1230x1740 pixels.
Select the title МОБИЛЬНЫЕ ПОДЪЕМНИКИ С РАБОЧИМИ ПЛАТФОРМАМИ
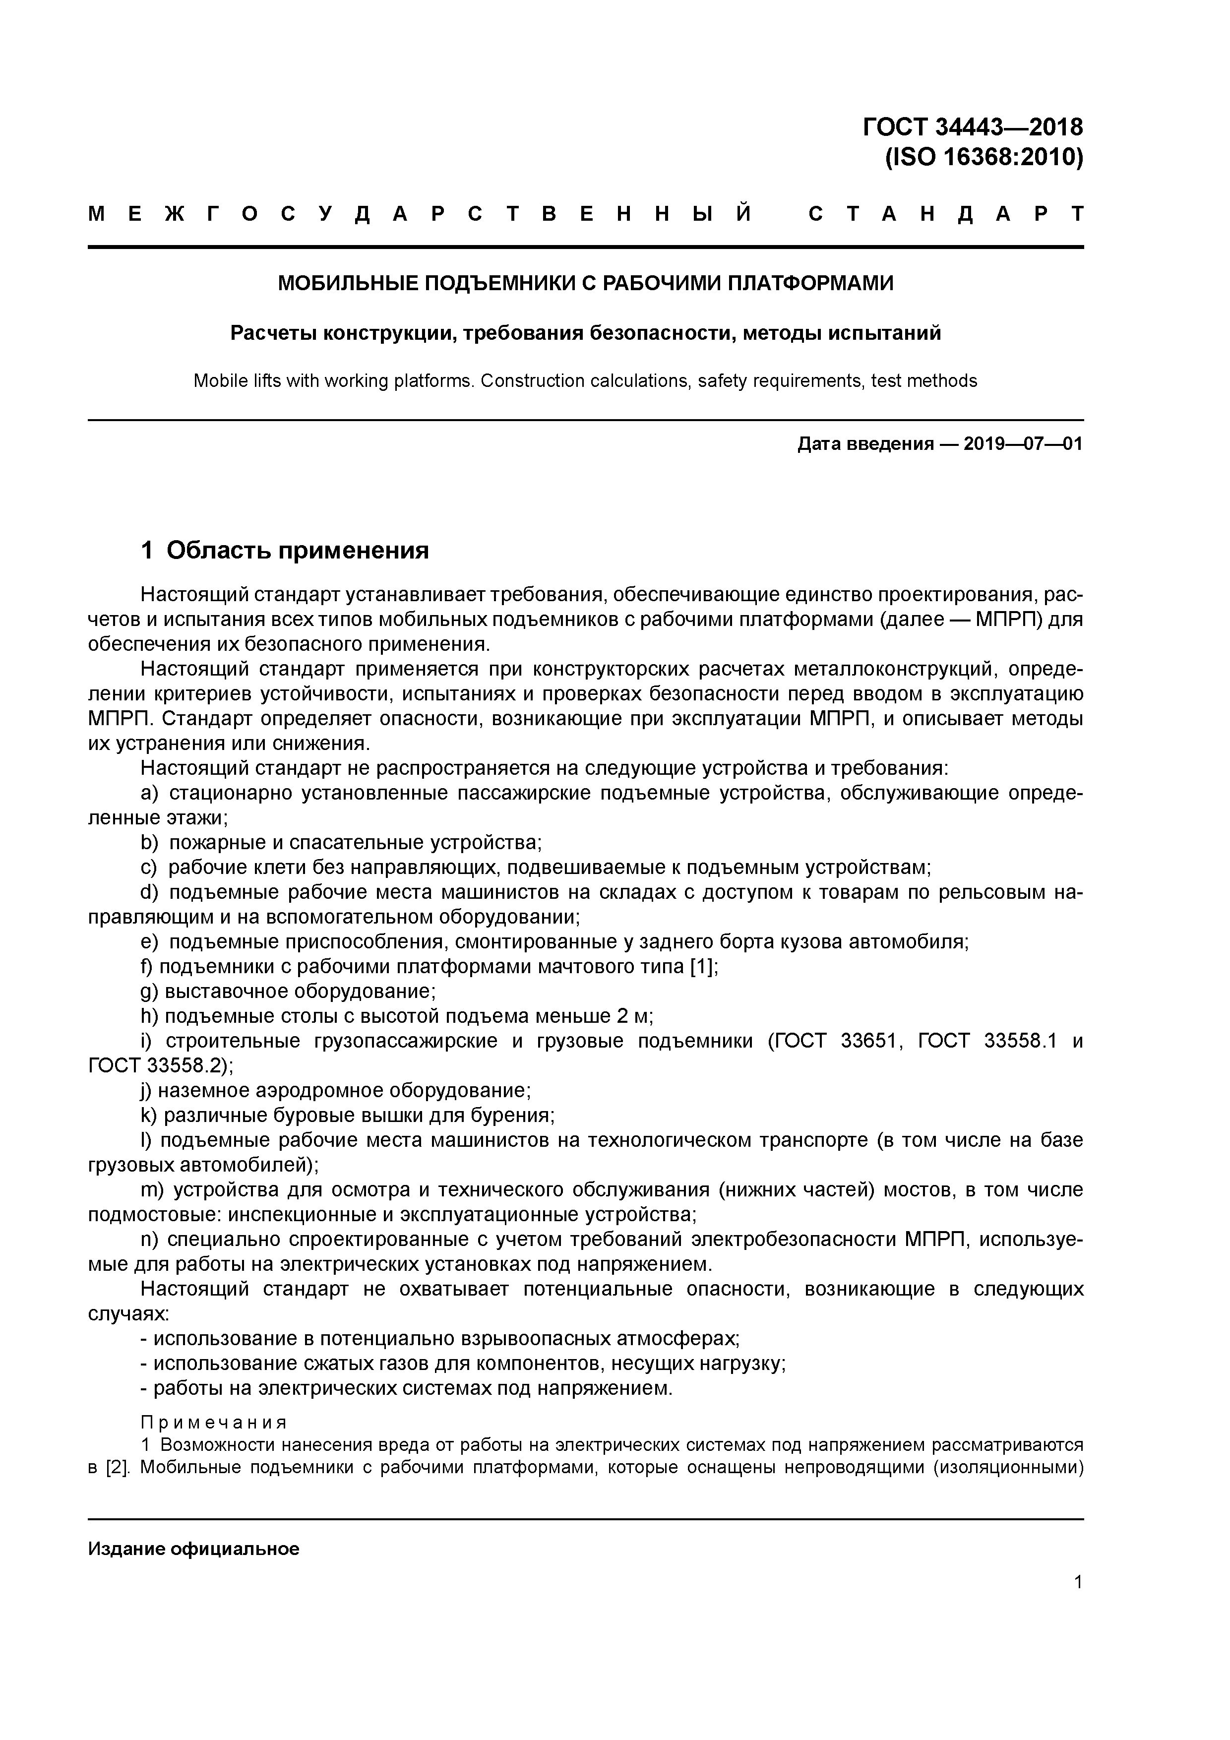point(585,283)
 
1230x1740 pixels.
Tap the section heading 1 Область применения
point(285,550)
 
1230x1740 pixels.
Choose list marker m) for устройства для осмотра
point(153,1190)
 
